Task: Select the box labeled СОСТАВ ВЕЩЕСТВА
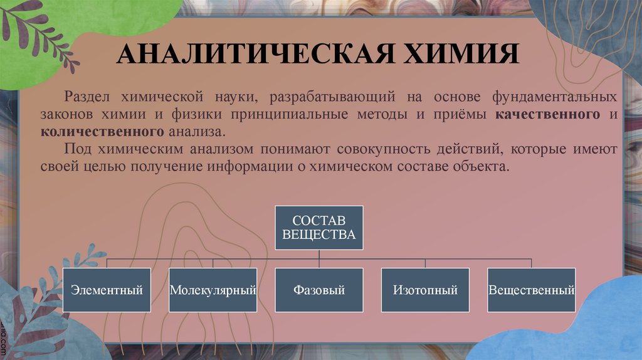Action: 319,228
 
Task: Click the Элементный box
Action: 107,290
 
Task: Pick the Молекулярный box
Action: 213,290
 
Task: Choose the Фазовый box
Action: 319,290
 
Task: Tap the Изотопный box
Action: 425,290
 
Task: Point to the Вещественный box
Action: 532,290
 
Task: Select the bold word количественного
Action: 103,132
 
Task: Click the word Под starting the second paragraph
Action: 76,150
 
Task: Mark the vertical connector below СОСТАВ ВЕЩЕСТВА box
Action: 319,253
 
